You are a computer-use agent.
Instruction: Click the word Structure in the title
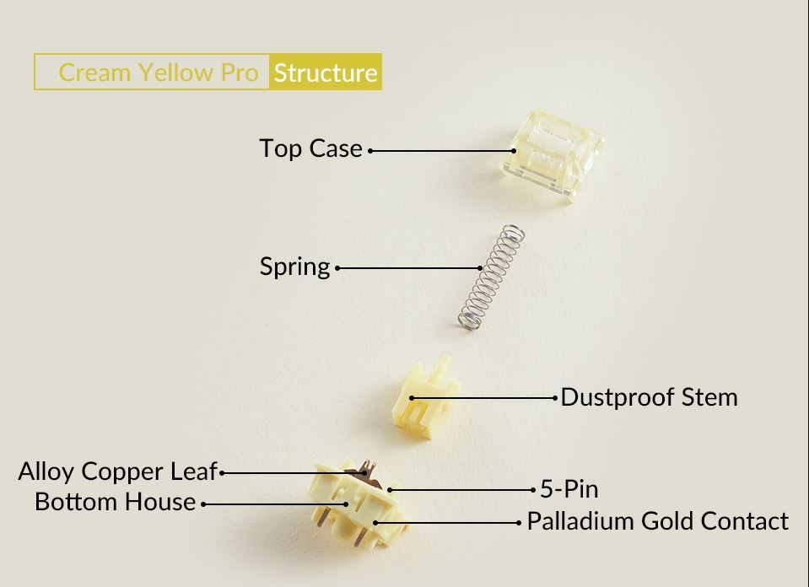click(x=326, y=73)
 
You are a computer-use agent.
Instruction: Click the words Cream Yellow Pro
click(x=159, y=73)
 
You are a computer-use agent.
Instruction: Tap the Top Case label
click(x=310, y=148)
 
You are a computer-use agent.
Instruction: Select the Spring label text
click(x=294, y=267)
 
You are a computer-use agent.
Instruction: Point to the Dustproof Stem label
click(x=649, y=397)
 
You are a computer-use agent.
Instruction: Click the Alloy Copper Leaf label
click(x=117, y=471)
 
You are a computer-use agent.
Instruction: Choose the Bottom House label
click(x=115, y=502)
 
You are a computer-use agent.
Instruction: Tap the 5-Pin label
click(x=569, y=489)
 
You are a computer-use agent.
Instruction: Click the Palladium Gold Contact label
click(x=658, y=521)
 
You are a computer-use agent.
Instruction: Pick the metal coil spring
click(x=491, y=277)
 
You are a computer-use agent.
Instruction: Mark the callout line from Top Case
click(x=442, y=151)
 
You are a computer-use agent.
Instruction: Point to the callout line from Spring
click(x=408, y=267)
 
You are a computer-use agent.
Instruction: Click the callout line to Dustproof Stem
click(x=483, y=398)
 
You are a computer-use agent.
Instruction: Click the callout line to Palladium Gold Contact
click(x=447, y=523)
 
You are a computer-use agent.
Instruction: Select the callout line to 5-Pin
click(x=461, y=490)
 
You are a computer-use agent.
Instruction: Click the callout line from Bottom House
click(x=276, y=504)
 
